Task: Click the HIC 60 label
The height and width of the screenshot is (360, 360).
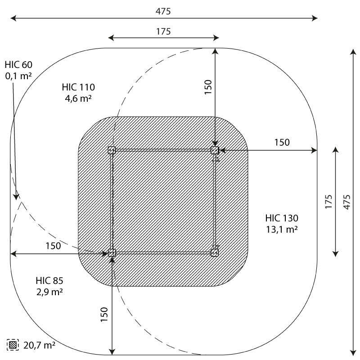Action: (18, 65)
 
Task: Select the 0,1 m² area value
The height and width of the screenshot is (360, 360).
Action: (18, 76)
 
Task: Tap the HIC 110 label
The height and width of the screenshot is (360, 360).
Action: (78, 87)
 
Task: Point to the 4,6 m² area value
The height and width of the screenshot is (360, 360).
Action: (78, 99)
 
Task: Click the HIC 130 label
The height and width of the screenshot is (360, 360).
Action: (282, 218)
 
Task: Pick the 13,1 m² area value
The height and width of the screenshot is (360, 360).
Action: (282, 229)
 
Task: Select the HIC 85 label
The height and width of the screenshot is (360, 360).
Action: (49, 280)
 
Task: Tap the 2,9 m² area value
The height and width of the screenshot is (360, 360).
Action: (49, 292)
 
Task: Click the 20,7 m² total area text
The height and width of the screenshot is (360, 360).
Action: (39, 345)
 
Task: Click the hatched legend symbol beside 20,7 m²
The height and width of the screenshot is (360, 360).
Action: (13, 345)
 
